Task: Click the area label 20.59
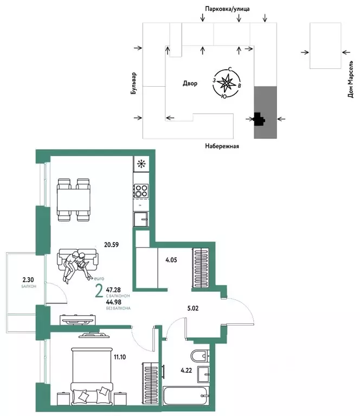(x=112, y=244)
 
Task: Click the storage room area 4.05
(x=172, y=259)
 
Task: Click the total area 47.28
(x=113, y=291)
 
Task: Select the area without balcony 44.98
(x=113, y=302)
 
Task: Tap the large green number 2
(x=99, y=292)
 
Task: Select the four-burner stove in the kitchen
(x=141, y=191)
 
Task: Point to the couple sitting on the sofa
(x=75, y=265)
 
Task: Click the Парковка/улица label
(x=227, y=9)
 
